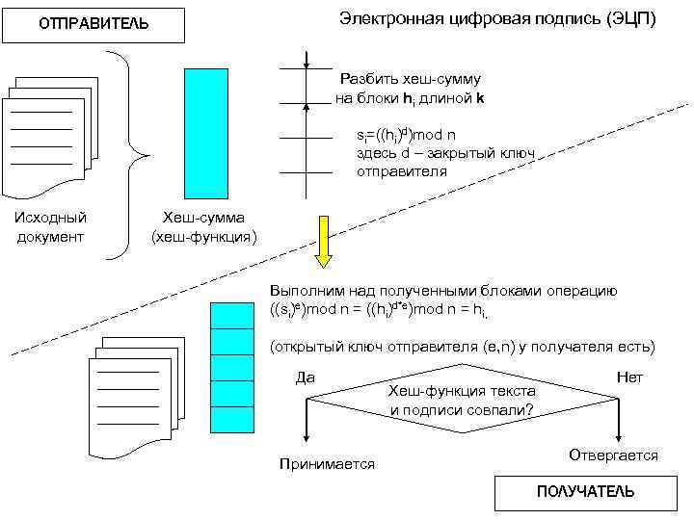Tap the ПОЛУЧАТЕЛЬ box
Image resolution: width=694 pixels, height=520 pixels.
(585, 492)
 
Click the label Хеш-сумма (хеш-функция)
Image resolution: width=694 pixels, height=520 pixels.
(203, 227)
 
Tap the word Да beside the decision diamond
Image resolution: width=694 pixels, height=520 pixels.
(305, 377)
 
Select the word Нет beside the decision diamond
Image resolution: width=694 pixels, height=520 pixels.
(629, 377)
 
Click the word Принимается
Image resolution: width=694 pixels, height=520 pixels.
(326, 464)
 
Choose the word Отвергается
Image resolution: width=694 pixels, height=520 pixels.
(613, 455)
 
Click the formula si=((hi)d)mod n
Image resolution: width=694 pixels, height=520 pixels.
(405, 134)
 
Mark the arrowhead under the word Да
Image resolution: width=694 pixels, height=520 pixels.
(306, 433)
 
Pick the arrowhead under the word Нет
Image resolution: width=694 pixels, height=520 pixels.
(617, 433)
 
